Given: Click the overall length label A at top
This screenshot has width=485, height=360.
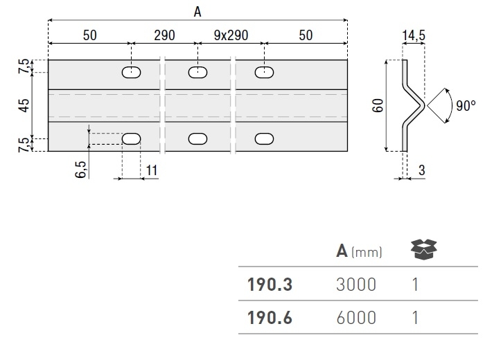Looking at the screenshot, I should (x=197, y=11).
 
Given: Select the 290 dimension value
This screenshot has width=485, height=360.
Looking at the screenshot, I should (x=164, y=36).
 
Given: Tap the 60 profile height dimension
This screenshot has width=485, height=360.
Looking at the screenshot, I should (x=378, y=105).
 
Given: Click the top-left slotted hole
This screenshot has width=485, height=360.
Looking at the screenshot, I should (x=130, y=71).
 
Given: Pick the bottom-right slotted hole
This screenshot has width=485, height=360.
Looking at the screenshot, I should (x=263, y=138).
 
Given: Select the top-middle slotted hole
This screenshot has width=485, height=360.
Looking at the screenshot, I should (x=197, y=71).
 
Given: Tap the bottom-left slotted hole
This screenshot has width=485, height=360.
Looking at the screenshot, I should (x=130, y=138).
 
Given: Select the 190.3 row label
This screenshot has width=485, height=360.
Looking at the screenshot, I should (x=270, y=284).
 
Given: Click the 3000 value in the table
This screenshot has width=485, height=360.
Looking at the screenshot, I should (x=356, y=284).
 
